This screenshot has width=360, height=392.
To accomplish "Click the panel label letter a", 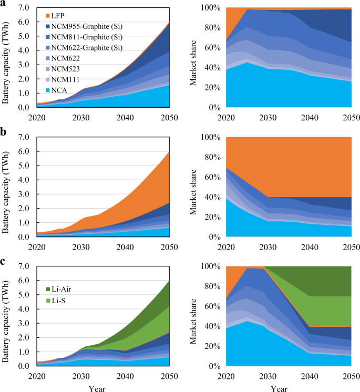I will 4,4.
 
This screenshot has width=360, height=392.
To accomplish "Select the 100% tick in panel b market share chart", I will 213,138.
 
